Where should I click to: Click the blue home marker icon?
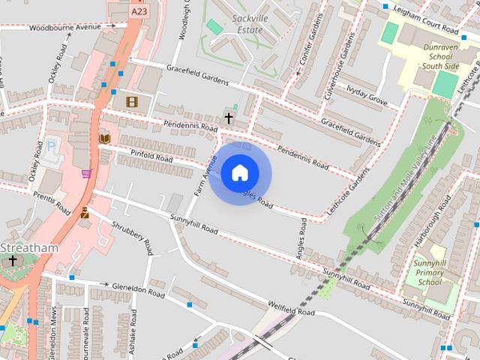239,173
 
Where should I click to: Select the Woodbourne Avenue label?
64,28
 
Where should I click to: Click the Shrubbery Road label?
132,234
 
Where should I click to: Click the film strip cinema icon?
133,101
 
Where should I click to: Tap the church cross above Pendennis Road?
229,118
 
